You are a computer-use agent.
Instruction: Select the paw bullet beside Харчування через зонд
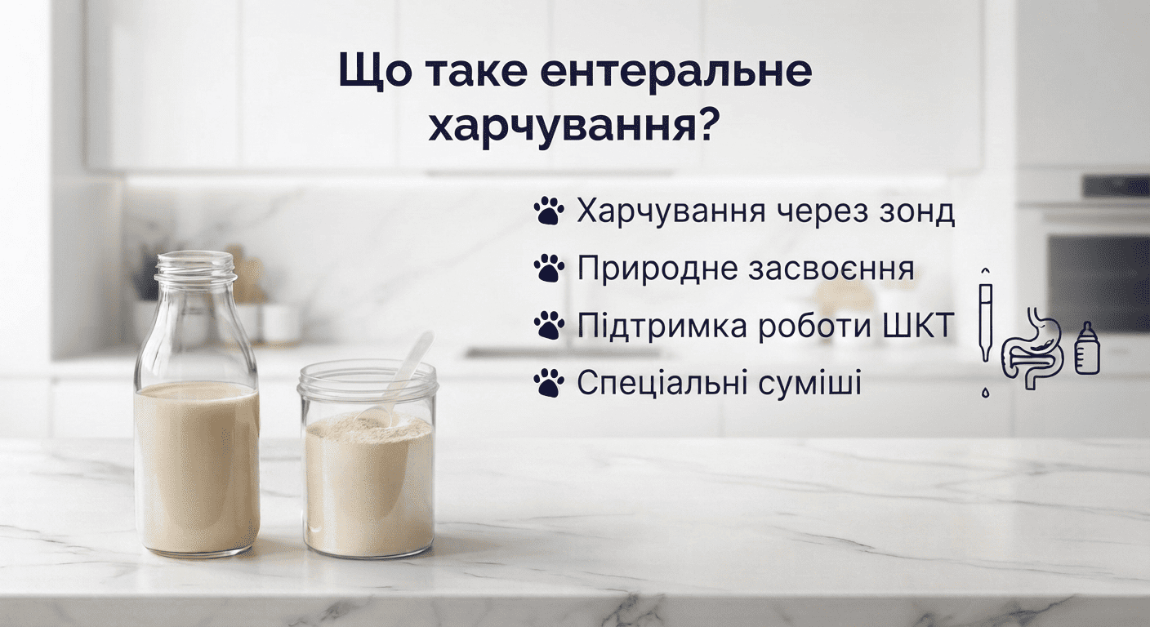(x=549, y=211)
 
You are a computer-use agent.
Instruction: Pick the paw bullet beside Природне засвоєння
(x=549, y=269)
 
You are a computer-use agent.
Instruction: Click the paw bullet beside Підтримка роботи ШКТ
(x=549, y=327)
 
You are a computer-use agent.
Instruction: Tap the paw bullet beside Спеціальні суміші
(x=549, y=383)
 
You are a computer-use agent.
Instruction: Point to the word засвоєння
(x=831, y=269)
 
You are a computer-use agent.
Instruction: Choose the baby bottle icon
(x=1087, y=349)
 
